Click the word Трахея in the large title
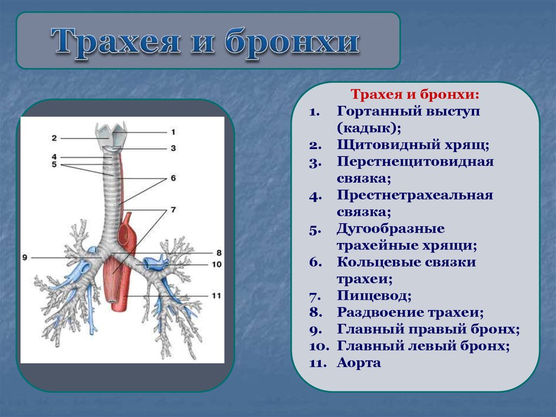[x=116, y=42]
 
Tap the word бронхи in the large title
[x=292, y=41]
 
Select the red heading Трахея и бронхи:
[x=415, y=95]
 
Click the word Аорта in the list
[x=359, y=363]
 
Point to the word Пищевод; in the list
[x=374, y=296]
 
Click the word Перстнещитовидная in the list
[x=415, y=161]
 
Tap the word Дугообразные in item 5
[x=390, y=229]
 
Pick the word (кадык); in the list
[x=369, y=128]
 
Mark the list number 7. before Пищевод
[x=315, y=296]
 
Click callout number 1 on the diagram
[x=173, y=132]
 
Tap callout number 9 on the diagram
[x=25, y=257]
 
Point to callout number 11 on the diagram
[x=216, y=296]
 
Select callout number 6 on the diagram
[x=173, y=178]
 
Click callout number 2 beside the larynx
[x=54, y=138]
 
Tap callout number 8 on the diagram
[x=219, y=253]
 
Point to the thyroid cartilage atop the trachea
[x=110, y=134]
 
